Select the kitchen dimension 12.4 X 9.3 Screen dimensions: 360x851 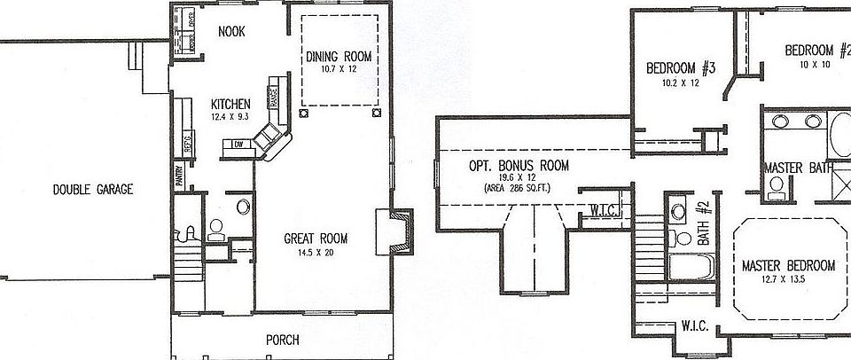click(230, 116)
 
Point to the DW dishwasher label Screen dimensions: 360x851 click(238, 144)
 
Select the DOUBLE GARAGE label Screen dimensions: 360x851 click(92, 189)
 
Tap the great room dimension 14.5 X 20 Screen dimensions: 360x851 click(315, 253)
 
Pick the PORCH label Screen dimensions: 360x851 click(282, 340)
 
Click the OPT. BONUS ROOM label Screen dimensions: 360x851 click(519, 166)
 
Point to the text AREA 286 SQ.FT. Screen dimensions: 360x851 click(519, 189)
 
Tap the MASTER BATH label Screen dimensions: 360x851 click(794, 168)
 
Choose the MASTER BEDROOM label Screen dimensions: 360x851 click(788, 265)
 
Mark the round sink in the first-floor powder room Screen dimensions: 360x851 click(243, 207)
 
